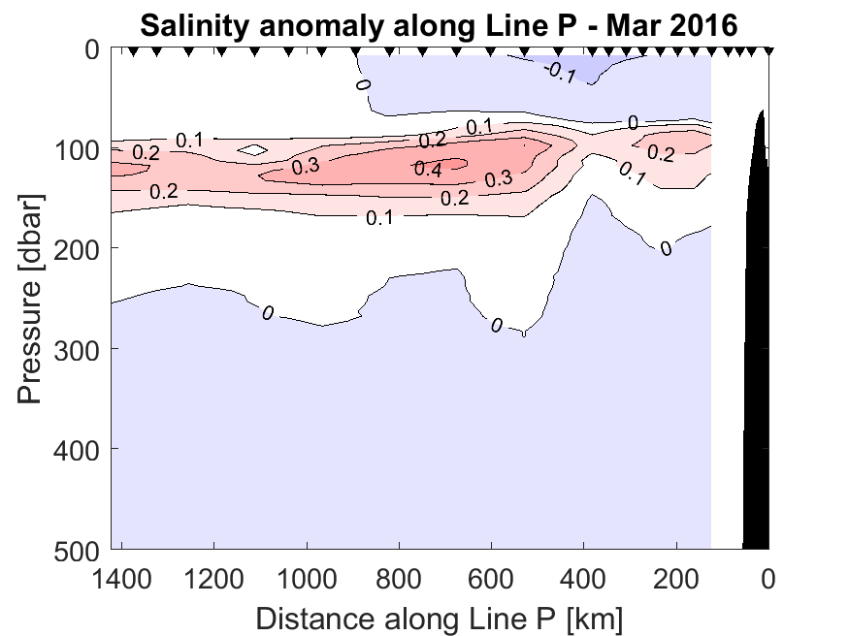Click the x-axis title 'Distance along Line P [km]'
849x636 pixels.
point(439,617)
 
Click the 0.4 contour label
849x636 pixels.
point(428,169)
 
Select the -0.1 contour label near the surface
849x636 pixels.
point(560,73)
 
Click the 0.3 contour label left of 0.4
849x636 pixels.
point(306,166)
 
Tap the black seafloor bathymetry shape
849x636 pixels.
point(758,388)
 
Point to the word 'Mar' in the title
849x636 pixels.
point(635,26)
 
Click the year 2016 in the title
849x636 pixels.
point(699,26)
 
